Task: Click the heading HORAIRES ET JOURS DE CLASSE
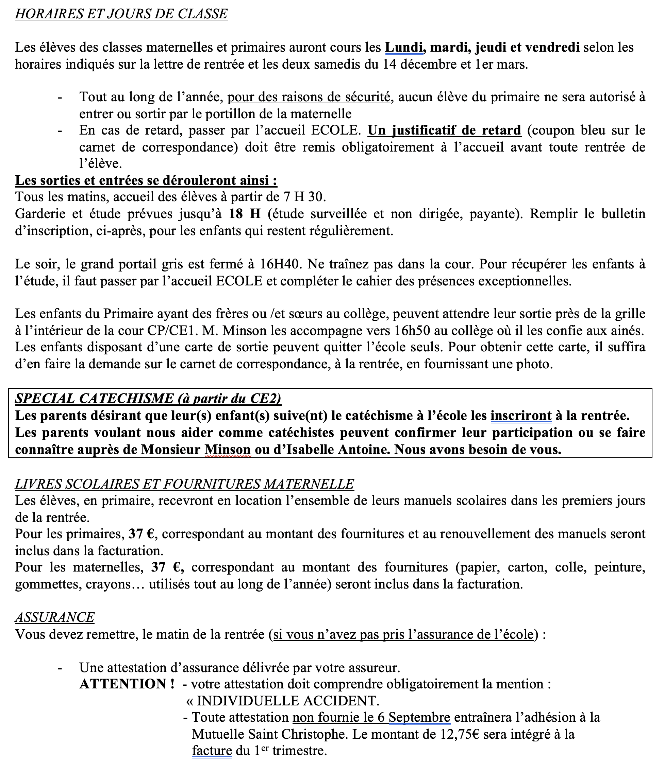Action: (121, 14)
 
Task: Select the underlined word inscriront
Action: (521, 416)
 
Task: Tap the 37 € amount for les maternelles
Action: (167, 567)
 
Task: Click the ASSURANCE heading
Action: (55, 617)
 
